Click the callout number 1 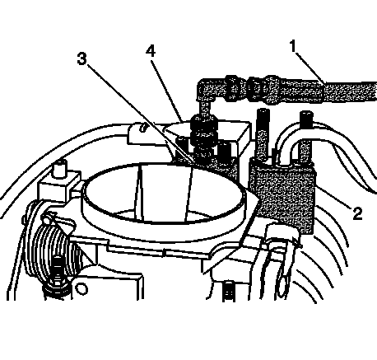(294, 46)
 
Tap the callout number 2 (357, 213)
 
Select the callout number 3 (81, 58)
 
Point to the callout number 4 (151, 51)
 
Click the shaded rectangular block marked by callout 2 (282, 195)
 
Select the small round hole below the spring (81, 289)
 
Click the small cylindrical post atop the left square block (61, 167)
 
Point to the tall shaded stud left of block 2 (262, 135)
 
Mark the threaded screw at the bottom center (228, 291)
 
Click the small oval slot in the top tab (142, 128)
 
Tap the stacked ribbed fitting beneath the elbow (204, 138)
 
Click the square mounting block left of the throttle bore (58, 189)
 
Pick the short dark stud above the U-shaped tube (306, 118)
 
